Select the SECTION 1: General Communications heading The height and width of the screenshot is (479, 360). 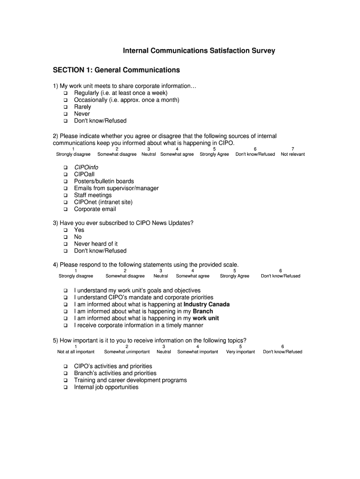[x=116, y=70]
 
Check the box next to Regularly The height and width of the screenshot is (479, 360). [x=65, y=93]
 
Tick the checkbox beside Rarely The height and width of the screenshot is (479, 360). [x=65, y=107]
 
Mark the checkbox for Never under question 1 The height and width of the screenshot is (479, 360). [x=65, y=114]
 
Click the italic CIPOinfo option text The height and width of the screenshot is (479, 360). [x=86, y=167]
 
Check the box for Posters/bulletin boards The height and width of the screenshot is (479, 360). [x=65, y=181]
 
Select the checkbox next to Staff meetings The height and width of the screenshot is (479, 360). [x=65, y=196]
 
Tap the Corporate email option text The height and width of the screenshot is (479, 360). [x=95, y=209]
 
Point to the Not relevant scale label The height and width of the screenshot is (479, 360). [x=293, y=154]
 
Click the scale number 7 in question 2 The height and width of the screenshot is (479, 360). [x=293, y=149]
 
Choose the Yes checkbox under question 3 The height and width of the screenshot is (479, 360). [x=65, y=230]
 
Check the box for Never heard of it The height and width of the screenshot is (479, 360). [x=65, y=244]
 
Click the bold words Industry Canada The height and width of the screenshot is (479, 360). [x=207, y=305]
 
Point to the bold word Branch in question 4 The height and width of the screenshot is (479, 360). [x=203, y=312]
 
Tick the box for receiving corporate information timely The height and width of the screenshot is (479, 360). [x=65, y=326]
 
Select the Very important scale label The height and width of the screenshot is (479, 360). [x=240, y=352]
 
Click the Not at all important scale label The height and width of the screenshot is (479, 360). [x=76, y=352]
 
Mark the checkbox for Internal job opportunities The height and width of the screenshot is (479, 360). [x=65, y=387]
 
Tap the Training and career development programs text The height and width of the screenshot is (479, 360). [x=130, y=380]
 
